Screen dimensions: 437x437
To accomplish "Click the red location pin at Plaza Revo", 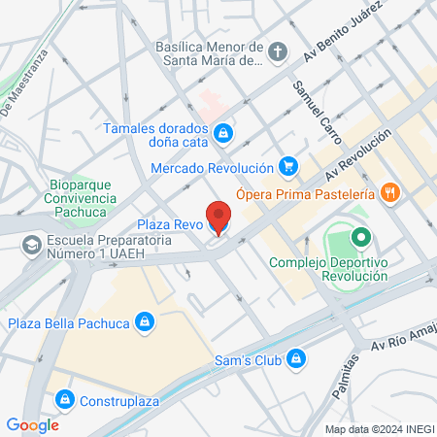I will click(218, 217).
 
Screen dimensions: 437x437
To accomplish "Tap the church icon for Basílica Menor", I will click(279, 52).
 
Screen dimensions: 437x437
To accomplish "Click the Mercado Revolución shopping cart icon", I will click(286, 166).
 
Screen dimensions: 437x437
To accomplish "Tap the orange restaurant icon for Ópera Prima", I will click(390, 191).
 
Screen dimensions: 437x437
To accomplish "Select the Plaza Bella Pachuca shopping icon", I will click(145, 322).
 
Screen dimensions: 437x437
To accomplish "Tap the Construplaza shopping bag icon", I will click(65, 398).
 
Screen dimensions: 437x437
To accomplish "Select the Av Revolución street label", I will click(358, 155).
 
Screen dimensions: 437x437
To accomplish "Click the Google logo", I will click(33, 424).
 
